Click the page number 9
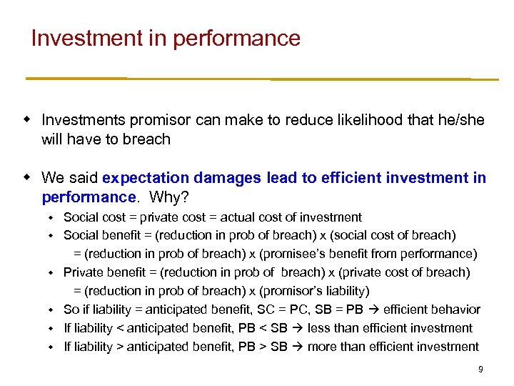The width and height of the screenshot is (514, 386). [480, 370]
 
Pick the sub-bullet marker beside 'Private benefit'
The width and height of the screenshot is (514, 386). [51, 272]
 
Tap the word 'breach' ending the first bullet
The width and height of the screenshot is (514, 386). [146, 139]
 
